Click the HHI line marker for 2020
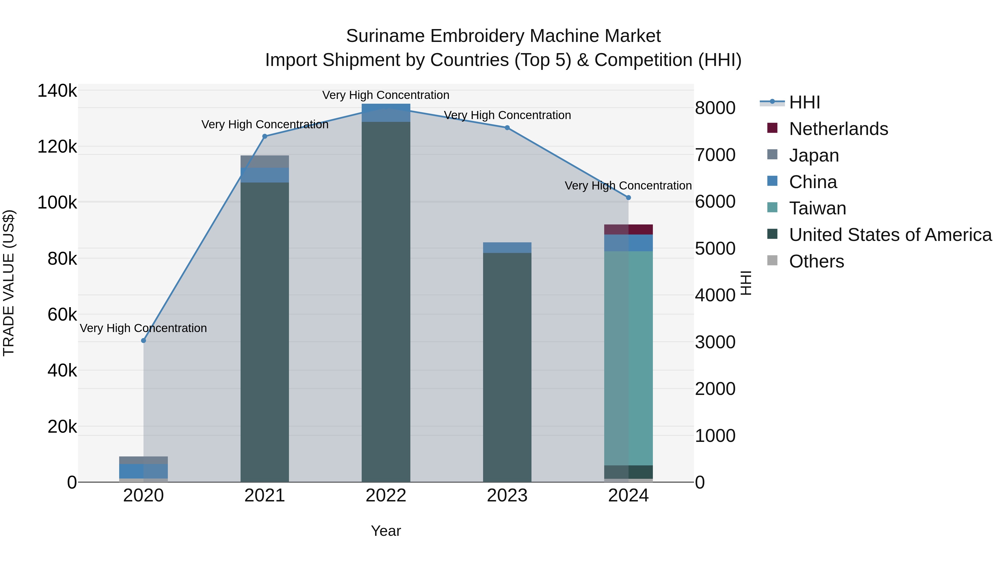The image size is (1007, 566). click(143, 341)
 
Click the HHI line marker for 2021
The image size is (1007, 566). click(265, 136)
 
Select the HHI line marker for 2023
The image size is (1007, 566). click(507, 128)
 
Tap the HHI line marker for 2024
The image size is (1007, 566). click(628, 198)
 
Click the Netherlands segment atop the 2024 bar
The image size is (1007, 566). click(628, 230)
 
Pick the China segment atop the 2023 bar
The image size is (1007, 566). click(507, 248)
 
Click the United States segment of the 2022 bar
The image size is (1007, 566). click(386, 301)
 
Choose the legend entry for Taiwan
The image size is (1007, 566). click(817, 208)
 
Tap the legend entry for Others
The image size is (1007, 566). click(816, 261)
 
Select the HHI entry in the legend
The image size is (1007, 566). click(804, 102)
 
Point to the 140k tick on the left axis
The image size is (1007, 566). click(57, 91)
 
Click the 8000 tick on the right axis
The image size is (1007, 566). click(715, 108)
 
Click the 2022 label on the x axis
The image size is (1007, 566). click(386, 496)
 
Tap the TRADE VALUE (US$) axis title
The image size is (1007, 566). click(9, 283)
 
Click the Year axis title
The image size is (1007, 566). click(386, 531)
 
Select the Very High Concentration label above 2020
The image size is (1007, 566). click(143, 328)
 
